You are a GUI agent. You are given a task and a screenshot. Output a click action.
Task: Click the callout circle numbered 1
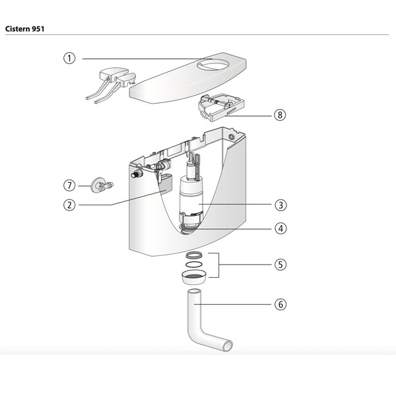pos(69,58)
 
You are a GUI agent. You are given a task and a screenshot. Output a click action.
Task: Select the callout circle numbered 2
pos(69,205)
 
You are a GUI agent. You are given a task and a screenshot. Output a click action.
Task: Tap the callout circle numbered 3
pos(281,205)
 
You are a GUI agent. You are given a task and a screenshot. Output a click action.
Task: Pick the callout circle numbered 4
pos(281,228)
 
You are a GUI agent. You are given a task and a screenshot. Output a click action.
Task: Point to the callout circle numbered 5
pos(281,265)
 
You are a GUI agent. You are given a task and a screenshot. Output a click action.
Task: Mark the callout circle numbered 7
pos(69,185)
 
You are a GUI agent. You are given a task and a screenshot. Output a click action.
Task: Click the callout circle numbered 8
pos(281,114)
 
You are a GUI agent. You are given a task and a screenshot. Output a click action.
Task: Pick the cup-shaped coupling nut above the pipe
pos(194,276)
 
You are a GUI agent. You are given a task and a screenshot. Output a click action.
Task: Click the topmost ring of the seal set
pos(195,255)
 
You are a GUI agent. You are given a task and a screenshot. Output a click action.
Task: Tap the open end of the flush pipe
pos(227,344)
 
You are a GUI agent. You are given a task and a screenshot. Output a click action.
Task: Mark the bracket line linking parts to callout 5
pos(219,265)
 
